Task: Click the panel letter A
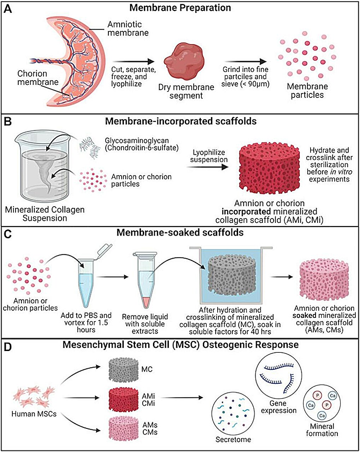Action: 8,9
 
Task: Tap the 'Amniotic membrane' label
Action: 128,29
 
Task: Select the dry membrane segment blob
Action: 184,61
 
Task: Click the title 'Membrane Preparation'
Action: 180,8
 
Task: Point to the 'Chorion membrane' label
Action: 38,78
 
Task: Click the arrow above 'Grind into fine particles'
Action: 246,61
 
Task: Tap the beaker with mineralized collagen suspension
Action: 44,166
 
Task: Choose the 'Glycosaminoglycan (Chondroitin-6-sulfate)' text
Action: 142,144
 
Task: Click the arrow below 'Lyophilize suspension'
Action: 207,167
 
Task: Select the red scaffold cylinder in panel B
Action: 270,168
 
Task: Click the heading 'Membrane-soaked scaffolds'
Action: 180,233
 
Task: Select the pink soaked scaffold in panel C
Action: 324,280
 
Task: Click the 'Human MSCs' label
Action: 34,414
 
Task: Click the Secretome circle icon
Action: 233,414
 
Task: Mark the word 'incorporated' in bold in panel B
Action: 246,211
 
